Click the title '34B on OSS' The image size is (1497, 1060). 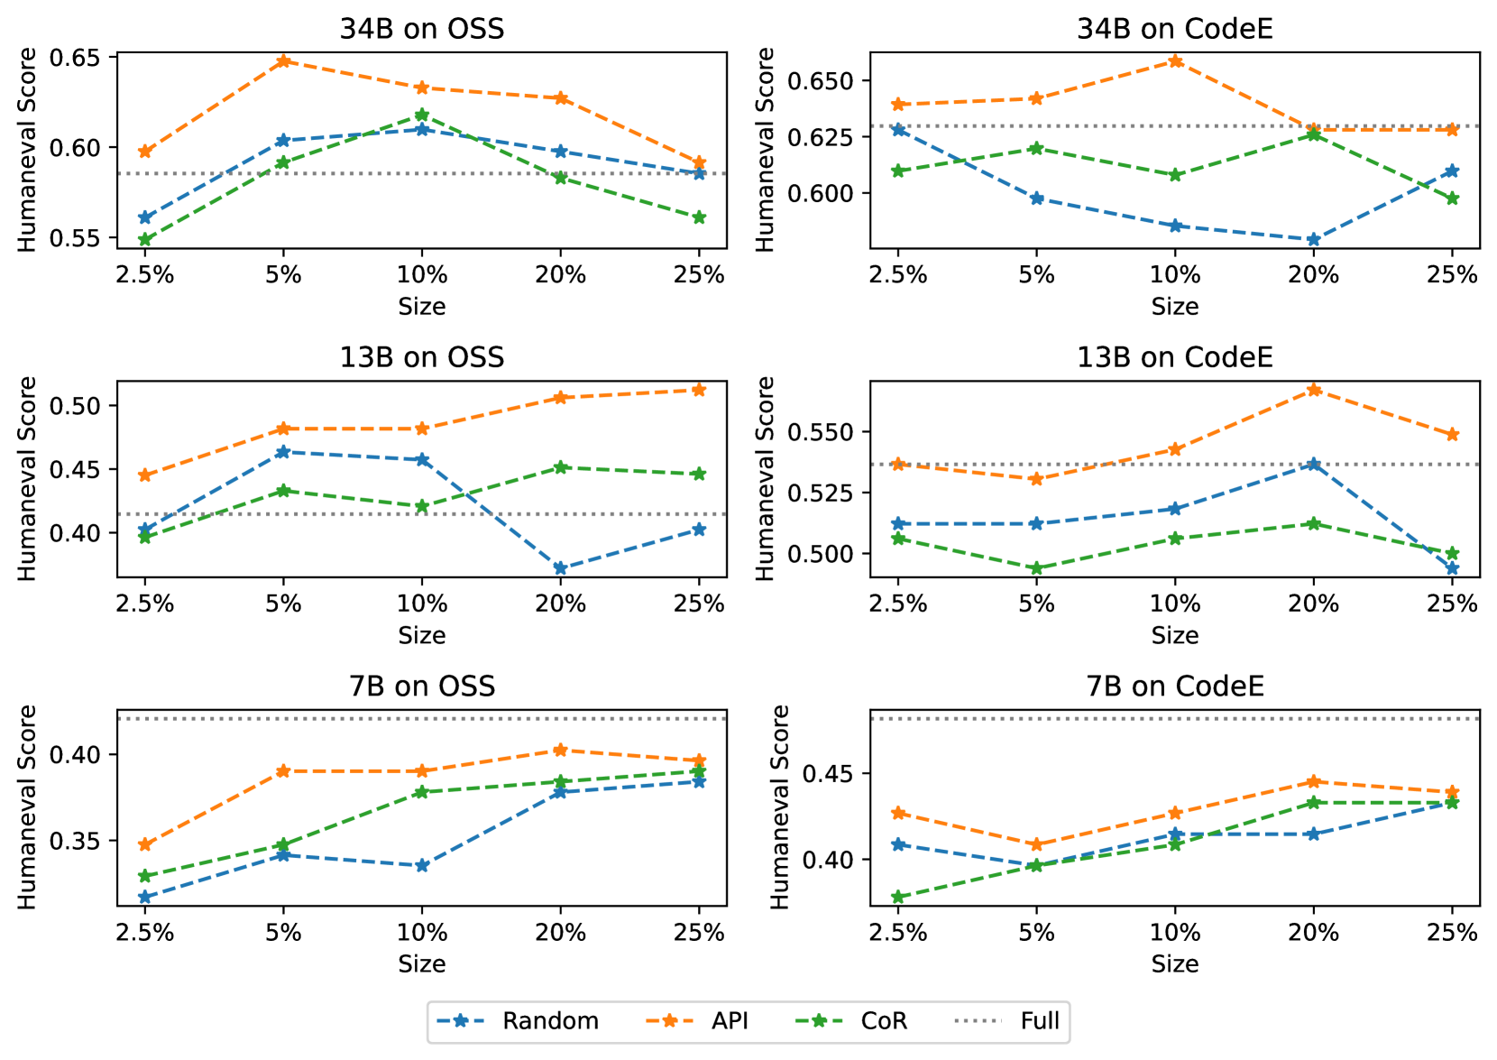tap(421, 28)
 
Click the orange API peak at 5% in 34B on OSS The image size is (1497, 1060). tap(283, 61)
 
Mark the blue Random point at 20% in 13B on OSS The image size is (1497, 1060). tap(560, 568)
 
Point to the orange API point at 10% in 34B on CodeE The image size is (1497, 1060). tap(1175, 61)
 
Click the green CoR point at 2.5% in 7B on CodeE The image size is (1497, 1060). tap(897, 898)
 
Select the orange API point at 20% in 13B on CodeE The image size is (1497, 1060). tap(1313, 390)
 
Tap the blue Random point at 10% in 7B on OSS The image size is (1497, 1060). tap(421, 865)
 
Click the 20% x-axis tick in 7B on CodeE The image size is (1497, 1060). tap(1313, 932)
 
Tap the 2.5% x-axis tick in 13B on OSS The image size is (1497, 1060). tap(144, 604)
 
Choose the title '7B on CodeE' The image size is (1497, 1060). tap(1174, 686)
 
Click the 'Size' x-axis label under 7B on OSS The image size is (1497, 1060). tap(421, 963)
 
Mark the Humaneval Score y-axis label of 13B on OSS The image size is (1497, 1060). tap(27, 479)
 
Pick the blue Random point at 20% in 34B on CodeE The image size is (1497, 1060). tap(1313, 240)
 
